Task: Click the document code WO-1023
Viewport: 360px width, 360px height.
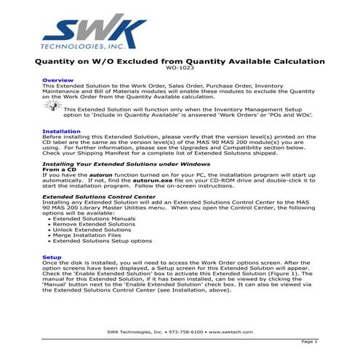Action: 180,68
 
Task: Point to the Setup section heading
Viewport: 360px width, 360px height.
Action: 51,257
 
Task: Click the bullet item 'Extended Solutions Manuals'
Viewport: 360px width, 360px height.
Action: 94,217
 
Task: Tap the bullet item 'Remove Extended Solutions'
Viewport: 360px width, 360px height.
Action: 92,223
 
